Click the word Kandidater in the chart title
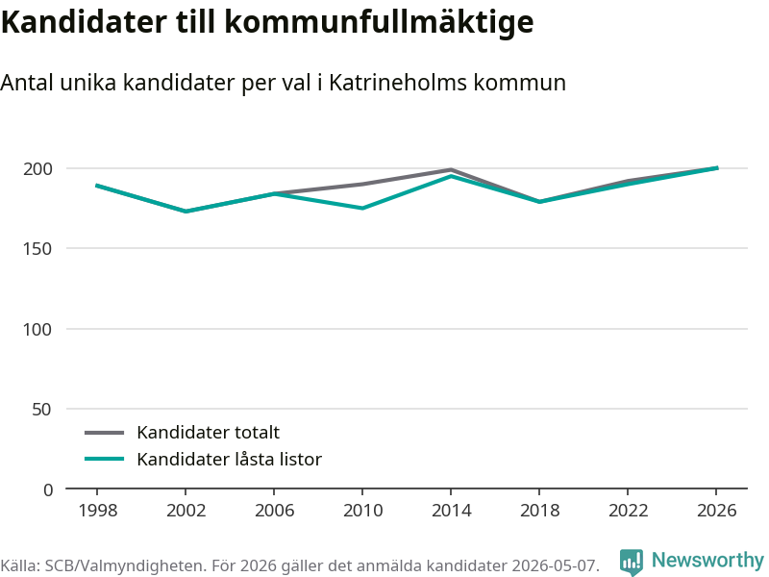pos(84,21)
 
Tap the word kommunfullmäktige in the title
pos(379,22)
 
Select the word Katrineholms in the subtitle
pos(398,83)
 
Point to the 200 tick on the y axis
pos(37,169)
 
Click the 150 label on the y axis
pos(37,249)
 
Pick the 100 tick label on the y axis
pos(37,329)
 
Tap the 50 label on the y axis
pos(42,410)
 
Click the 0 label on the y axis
pos(47,489)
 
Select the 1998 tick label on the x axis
pos(98,511)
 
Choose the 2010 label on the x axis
pos(363,511)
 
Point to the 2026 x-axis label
pos(716,511)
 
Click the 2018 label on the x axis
pos(539,511)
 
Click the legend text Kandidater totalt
pos(208,432)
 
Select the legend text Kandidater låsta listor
pos(229,460)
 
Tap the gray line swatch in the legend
pos(105,433)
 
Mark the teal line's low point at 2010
pos(362,208)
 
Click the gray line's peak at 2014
pos(451,170)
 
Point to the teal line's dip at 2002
pos(186,212)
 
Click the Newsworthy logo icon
pos(632,562)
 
